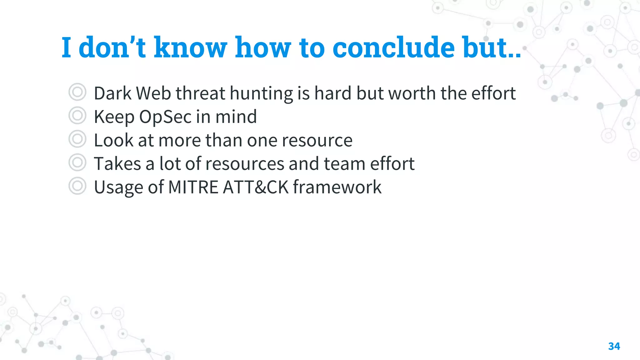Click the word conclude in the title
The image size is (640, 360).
pyautogui.click(x=393, y=47)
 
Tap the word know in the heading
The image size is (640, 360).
pyautogui.click(x=190, y=47)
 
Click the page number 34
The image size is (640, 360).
pyautogui.click(x=614, y=346)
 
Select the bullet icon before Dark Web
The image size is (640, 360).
pyautogui.click(x=77, y=92)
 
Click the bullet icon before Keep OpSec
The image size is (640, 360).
pyautogui.click(x=77, y=116)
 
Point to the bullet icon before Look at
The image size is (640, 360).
pyautogui.click(x=77, y=139)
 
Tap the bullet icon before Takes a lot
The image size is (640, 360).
pyautogui.click(x=77, y=162)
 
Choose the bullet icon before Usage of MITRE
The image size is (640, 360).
pyautogui.click(x=77, y=186)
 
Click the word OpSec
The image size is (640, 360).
pyautogui.click(x=165, y=117)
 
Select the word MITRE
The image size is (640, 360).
pyautogui.click(x=193, y=187)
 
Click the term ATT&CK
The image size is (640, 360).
pyautogui.click(x=256, y=187)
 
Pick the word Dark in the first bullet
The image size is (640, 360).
pyautogui.click(x=112, y=93)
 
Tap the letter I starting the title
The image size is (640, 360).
pyautogui.click(x=66, y=47)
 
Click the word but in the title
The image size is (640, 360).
pyautogui.click(x=489, y=47)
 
